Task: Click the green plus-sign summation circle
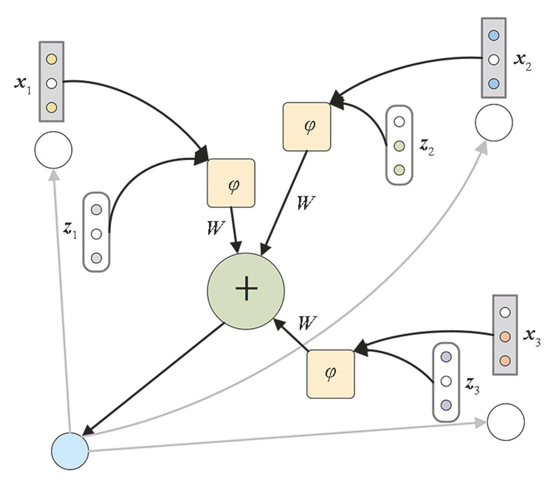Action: tap(246, 291)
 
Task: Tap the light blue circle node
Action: tap(70, 451)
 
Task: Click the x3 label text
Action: tap(532, 337)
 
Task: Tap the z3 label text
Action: tap(472, 385)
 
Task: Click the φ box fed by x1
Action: tap(231, 183)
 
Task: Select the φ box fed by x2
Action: tap(307, 126)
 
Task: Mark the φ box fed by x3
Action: tap(330, 374)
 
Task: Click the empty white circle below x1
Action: tap(53, 150)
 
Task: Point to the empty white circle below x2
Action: tap(494, 122)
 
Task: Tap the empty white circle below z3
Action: tap(505, 421)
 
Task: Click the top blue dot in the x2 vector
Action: tap(494, 35)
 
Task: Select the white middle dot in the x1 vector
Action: tap(51, 83)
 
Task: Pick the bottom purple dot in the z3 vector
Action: tap(446, 404)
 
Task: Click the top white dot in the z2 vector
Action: tap(399, 122)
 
